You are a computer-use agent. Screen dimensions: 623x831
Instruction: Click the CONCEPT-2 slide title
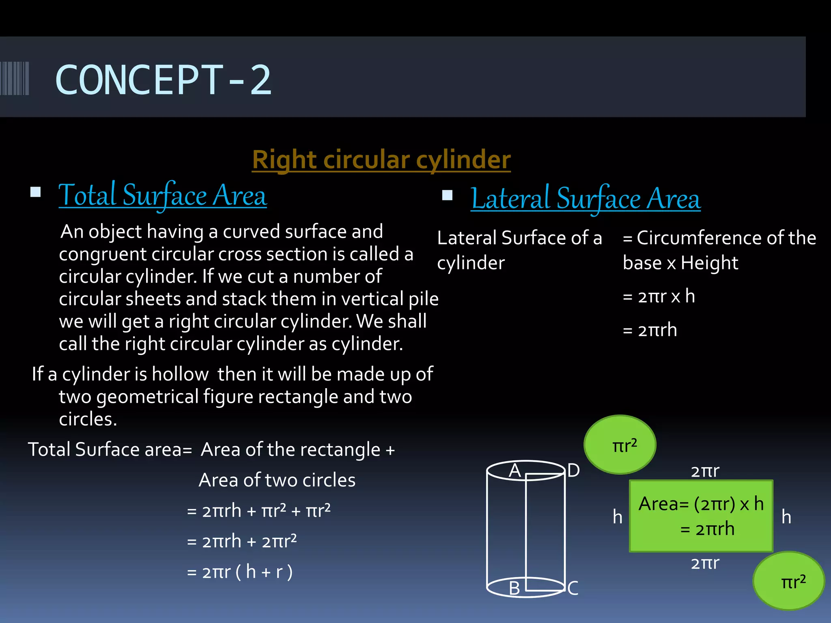coord(163,80)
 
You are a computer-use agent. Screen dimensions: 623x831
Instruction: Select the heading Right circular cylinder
coord(381,159)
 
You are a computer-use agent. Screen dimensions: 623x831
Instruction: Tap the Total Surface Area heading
coord(163,196)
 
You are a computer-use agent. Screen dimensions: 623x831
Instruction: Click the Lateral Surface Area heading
coord(586,199)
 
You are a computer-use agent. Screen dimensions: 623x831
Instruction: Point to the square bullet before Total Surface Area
coord(36,192)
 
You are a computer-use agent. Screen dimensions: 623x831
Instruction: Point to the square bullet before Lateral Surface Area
coord(447,195)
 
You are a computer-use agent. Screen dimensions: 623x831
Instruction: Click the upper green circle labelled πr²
coord(620,445)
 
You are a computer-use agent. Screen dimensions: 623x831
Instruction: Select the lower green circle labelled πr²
coord(788,581)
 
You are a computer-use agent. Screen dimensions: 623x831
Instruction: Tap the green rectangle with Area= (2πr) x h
coord(701,516)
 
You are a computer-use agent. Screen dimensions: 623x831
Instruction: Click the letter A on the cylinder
coord(515,470)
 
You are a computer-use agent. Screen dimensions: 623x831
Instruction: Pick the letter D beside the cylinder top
coord(573,470)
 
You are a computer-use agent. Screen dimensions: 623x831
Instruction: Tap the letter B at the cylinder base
coord(514,588)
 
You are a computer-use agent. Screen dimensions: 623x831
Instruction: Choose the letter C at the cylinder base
coord(573,588)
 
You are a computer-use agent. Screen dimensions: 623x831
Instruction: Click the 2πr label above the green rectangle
coord(705,471)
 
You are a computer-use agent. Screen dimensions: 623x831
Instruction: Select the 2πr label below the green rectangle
coord(705,563)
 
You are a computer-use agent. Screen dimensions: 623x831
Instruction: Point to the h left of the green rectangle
coord(617,517)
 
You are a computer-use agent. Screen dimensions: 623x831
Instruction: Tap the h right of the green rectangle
coord(786,517)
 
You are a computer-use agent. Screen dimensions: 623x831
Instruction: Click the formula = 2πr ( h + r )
coord(239,572)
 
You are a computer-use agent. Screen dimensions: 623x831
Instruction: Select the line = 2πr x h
coord(659,296)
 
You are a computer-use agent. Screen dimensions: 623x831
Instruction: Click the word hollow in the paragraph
coord(180,374)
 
